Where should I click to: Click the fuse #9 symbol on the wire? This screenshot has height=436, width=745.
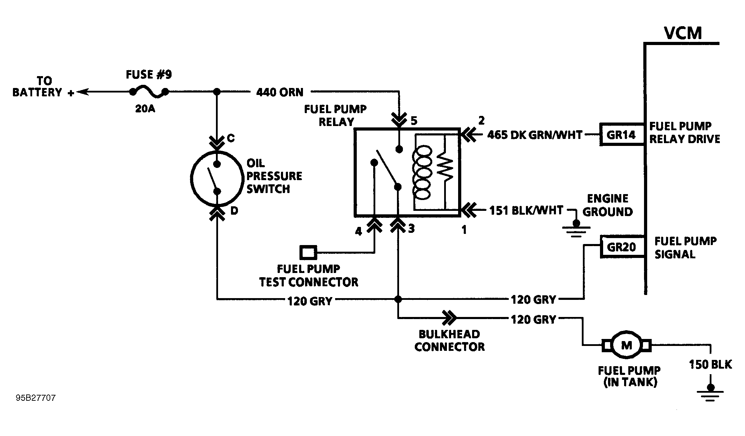[x=149, y=92]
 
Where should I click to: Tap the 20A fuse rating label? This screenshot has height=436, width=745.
[x=145, y=109]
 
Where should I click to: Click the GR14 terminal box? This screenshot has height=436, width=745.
[x=621, y=135]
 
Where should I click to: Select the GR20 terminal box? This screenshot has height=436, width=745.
[x=621, y=247]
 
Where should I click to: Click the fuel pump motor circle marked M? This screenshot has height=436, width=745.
[x=627, y=345]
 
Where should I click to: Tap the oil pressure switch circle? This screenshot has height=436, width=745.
[x=217, y=178]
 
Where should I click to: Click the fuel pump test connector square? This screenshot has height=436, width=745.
[x=308, y=252]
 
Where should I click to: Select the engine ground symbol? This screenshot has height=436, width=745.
[x=576, y=229]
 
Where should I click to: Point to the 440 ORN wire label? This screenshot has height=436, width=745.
[x=280, y=92]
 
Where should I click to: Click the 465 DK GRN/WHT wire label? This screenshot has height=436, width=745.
[x=535, y=135]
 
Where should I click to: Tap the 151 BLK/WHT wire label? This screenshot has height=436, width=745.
[x=526, y=210]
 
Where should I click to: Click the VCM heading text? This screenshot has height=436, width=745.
[x=683, y=34]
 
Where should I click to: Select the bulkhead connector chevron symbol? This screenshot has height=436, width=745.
[x=449, y=318]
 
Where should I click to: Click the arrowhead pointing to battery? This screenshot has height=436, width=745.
[x=81, y=92]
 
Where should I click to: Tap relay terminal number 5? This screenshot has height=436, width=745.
[x=414, y=121]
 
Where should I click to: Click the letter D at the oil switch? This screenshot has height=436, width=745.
[x=234, y=211]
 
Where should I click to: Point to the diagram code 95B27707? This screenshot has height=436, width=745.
[x=36, y=398]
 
